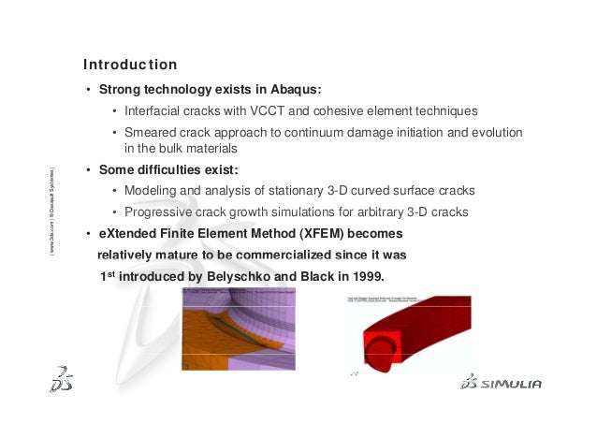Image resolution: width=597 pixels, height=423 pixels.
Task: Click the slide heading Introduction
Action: (x=129, y=66)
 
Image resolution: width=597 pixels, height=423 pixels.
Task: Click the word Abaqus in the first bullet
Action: (x=296, y=91)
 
